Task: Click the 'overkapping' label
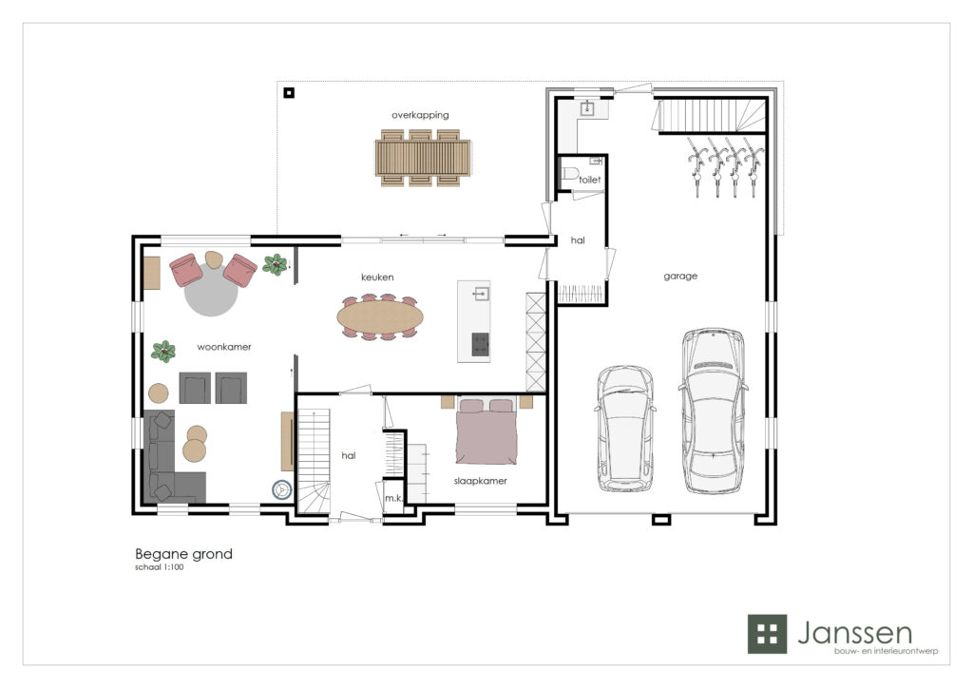click(x=420, y=115)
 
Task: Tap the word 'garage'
click(x=680, y=277)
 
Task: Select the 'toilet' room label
click(x=589, y=180)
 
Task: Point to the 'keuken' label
click(x=377, y=277)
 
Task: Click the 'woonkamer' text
click(x=224, y=347)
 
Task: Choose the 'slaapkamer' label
click(x=480, y=481)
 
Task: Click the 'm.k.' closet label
click(x=393, y=498)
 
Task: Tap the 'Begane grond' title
click(x=183, y=554)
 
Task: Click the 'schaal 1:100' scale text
click(x=160, y=567)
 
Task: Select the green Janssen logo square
click(x=767, y=634)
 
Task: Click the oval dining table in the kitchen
click(x=380, y=317)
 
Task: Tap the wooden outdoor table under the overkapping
click(x=423, y=158)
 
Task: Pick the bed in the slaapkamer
click(x=486, y=431)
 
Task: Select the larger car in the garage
click(x=714, y=411)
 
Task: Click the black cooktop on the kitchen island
click(x=480, y=344)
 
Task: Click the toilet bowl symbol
click(x=570, y=173)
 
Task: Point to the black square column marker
click(x=289, y=93)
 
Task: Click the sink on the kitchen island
click(x=480, y=294)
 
